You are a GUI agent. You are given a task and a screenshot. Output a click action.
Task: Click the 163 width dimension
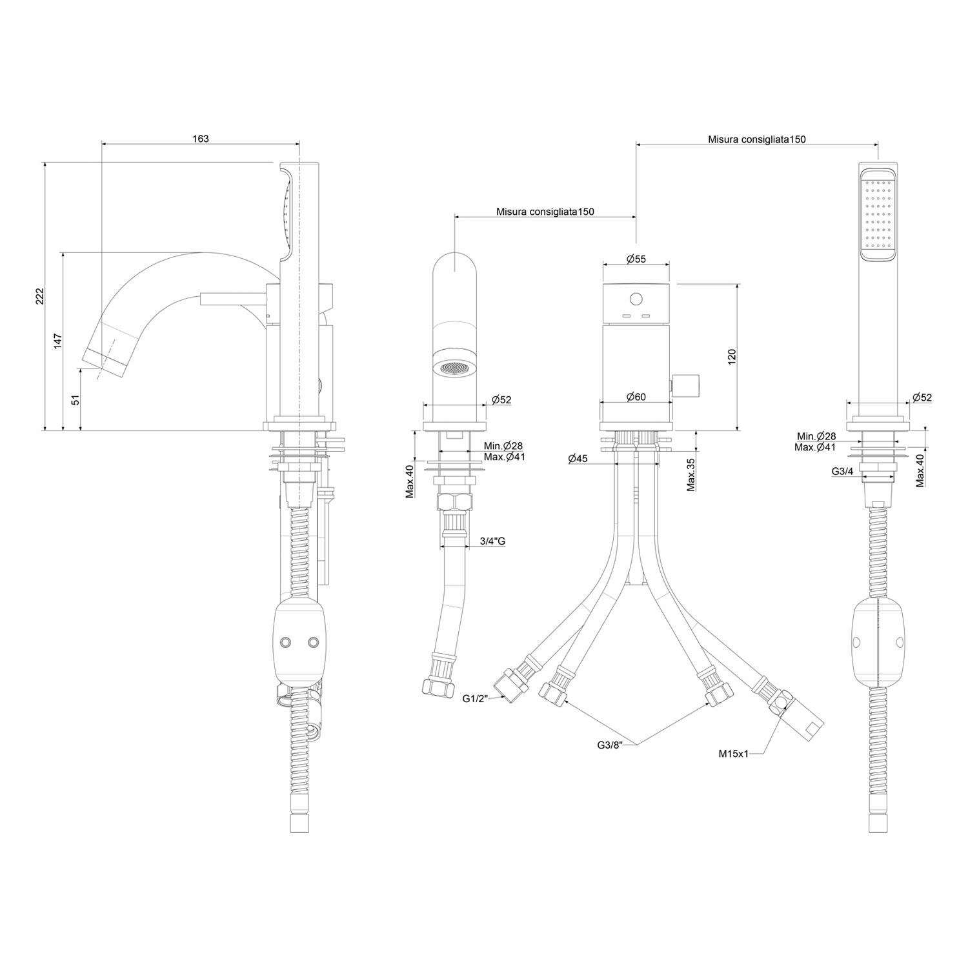click(x=201, y=139)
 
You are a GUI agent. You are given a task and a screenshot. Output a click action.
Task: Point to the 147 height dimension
click(x=57, y=341)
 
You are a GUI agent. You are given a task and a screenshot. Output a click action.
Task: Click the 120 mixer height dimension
click(x=732, y=357)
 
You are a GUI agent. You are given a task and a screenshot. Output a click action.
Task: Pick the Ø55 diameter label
click(x=636, y=259)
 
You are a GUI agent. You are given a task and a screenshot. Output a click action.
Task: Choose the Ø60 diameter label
click(x=636, y=397)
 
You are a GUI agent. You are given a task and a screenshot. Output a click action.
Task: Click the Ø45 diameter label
click(x=578, y=459)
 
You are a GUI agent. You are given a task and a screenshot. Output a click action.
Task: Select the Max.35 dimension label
click(x=691, y=474)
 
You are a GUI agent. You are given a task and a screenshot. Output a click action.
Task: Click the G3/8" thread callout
click(x=610, y=745)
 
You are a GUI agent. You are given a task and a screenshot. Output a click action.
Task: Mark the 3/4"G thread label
click(x=492, y=541)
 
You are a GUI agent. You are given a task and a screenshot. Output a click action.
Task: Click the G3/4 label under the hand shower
click(x=842, y=472)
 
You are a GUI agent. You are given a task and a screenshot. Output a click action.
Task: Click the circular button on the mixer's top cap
click(x=636, y=299)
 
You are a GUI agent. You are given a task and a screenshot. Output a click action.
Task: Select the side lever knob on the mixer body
click(x=687, y=386)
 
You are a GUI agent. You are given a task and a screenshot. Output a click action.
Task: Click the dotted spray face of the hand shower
click(x=877, y=214)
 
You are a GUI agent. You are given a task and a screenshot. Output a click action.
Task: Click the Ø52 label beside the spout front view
click(x=501, y=400)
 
